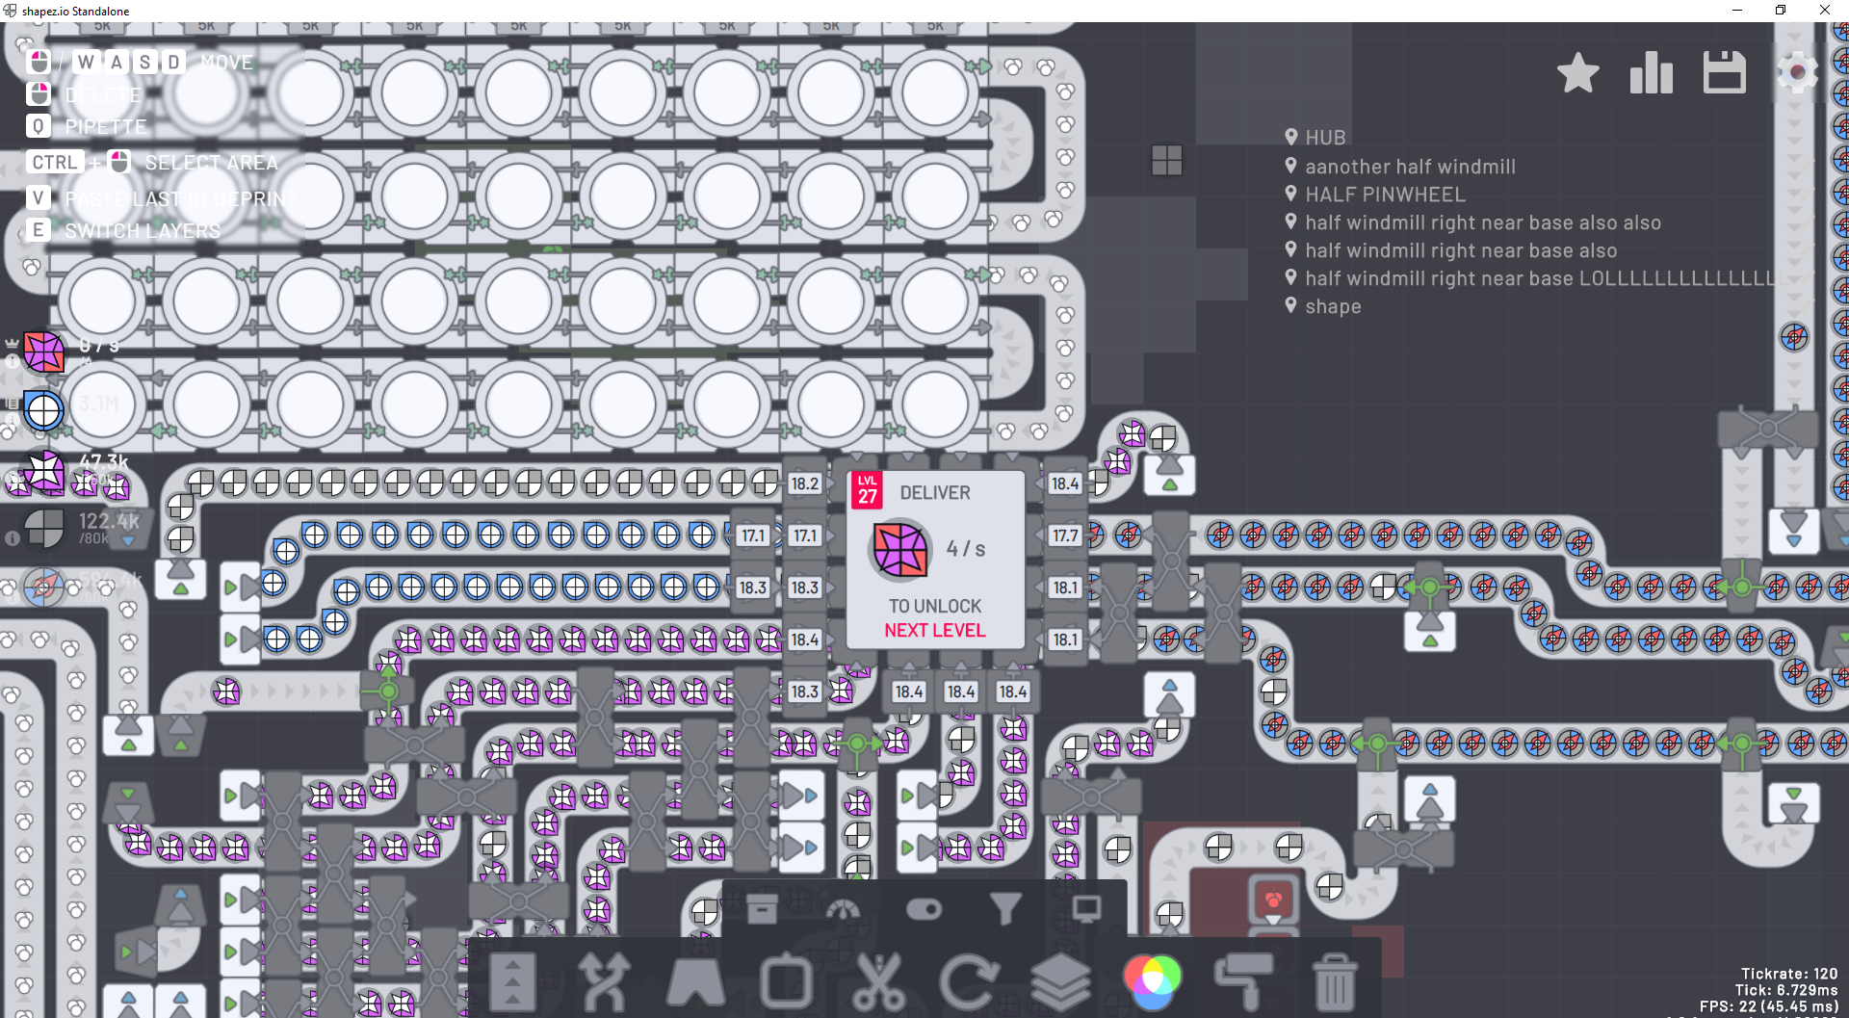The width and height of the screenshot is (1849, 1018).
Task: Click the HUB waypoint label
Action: pyautogui.click(x=1324, y=138)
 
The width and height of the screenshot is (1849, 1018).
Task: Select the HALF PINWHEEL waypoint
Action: pyautogui.click(x=1384, y=195)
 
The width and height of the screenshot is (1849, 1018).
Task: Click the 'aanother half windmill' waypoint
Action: pyautogui.click(x=1409, y=167)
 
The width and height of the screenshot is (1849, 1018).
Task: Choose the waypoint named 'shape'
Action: pyautogui.click(x=1332, y=306)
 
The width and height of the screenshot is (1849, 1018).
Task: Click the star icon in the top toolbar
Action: pyautogui.click(x=1577, y=73)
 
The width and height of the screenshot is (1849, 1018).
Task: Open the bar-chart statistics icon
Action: pyautogui.click(x=1651, y=73)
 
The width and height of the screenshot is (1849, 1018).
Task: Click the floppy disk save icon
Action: pyautogui.click(x=1724, y=73)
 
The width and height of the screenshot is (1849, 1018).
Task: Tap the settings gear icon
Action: pyautogui.click(x=1796, y=73)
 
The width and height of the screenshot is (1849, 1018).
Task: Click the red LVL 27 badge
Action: pyautogui.click(x=867, y=490)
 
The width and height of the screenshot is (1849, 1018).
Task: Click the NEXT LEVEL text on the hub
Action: pyautogui.click(x=934, y=631)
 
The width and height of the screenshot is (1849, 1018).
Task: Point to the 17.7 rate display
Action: pyautogui.click(x=1065, y=535)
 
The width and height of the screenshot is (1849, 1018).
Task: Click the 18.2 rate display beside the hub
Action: pyautogui.click(x=804, y=483)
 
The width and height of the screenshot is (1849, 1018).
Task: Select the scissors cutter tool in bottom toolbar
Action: pyautogui.click(x=878, y=980)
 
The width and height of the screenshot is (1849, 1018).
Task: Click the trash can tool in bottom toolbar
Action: pyautogui.click(x=1335, y=980)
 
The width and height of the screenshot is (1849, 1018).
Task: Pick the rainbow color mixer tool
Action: pyautogui.click(x=1152, y=980)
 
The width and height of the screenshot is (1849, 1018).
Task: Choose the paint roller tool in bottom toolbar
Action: pyautogui.click(x=1243, y=980)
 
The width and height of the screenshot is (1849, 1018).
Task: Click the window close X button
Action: pyautogui.click(x=1824, y=11)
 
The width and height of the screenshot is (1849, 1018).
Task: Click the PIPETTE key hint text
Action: pyautogui.click(x=105, y=127)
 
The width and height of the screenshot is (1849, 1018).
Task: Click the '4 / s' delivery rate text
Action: pyautogui.click(x=965, y=549)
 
